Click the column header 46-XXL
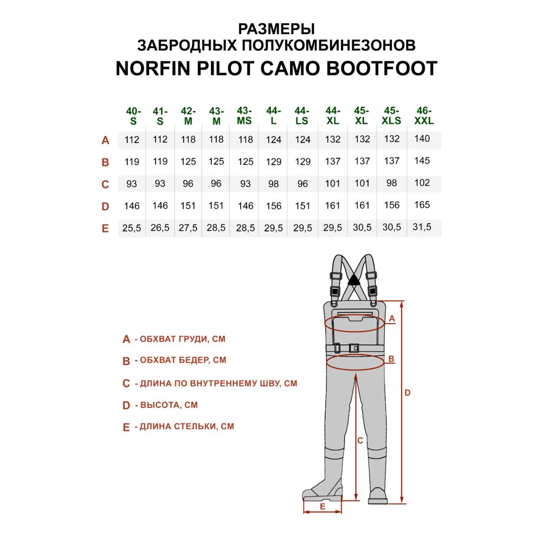(x=423, y=115)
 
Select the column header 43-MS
(x=244, y=115)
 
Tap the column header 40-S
(x=133, y=116)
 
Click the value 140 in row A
(x=422, y=139)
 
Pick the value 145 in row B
(x=422, y=161)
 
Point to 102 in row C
(x=422, y=183)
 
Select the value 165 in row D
(x=422, y=205)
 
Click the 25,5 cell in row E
(x=132, y=228)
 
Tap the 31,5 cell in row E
(x=422, y=227)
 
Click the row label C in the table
(x=105, y=184)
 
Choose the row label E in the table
(x=105, y=229)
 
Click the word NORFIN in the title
(x=153, y=68)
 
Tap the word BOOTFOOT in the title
(x=382, y=68)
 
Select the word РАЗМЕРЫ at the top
(x=276, y=29)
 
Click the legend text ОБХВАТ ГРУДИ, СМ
(x=183, y=339)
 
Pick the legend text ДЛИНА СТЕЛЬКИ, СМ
(x=186, y=426)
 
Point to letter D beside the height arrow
(x=408, y=392)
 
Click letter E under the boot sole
(x=322, y=507)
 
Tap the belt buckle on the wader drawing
(x=353, y=348)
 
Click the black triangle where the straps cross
(x=353, y=280)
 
